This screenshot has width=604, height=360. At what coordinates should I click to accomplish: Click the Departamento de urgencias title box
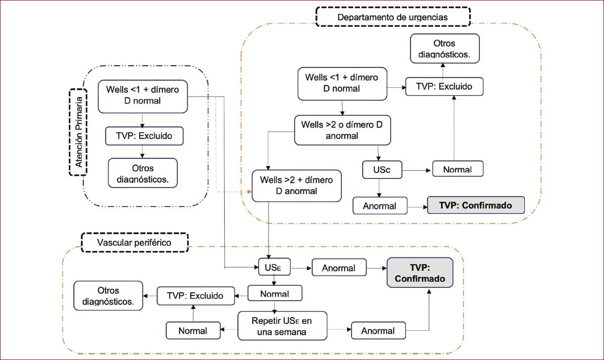pyautogui.click(x=393, y=17)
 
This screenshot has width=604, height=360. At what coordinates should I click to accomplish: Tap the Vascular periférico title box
pyautogui.click(x=135, y=243)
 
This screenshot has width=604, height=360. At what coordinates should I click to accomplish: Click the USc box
pyautogui.click(x=381, y=170)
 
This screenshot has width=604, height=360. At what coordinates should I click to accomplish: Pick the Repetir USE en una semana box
pyautogui.click(x=282, y=325)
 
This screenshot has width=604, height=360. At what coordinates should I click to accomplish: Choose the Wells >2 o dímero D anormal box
pyautogui.click(x=342, y=130)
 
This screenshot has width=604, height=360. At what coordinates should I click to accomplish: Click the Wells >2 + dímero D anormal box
pyautogui.click(x=297, y=185)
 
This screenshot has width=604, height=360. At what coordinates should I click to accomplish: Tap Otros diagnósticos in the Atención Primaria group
pyautogui.click(x=143, y=173)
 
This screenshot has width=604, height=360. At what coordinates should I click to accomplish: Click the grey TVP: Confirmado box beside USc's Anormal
pyautogui.click(x=475, y=205)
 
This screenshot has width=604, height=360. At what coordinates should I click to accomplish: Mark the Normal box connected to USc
pyautogui.click(x=457, y=169)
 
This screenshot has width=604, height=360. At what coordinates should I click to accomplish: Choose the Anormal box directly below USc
pyautogui.click(x=380, y=206)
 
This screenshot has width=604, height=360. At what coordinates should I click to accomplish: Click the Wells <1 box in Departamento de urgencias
pyautogui.click(x=342, y=83)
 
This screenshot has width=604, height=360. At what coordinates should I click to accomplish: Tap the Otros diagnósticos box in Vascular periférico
pyautogui.click(x=108, y=296)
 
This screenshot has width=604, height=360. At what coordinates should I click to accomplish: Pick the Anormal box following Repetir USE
pyautogui.click(x=378, y=330)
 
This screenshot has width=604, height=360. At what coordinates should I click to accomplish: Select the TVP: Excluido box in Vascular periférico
pyautogui.click(x=195, y=296)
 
